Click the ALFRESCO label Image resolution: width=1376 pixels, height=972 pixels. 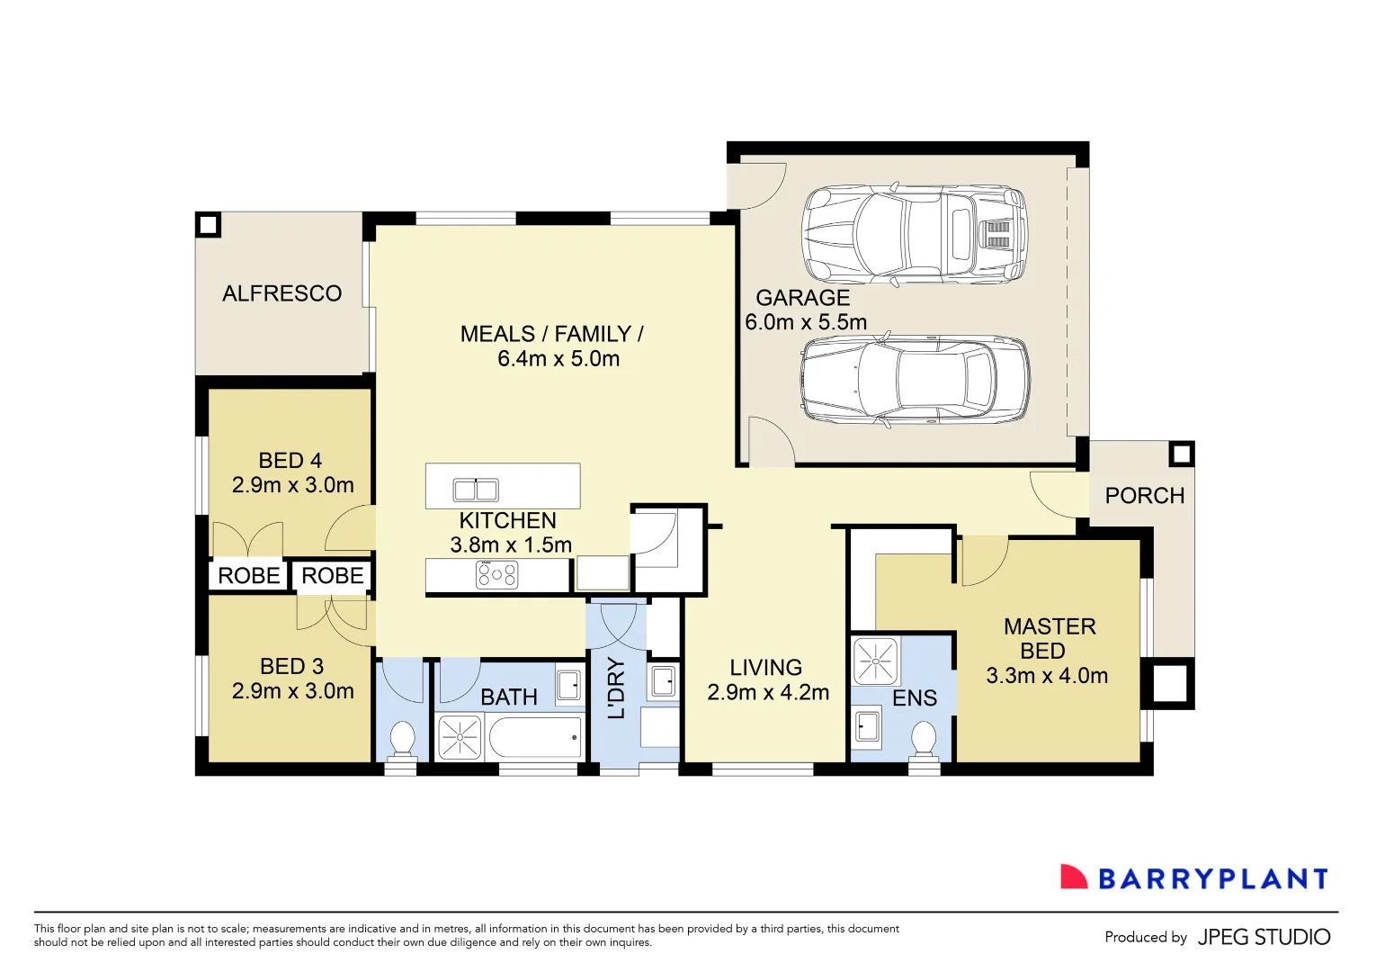281,293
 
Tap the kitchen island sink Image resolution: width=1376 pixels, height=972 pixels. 476,490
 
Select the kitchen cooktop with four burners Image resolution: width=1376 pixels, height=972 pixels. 496,574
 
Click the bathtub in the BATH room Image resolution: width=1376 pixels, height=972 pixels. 535,738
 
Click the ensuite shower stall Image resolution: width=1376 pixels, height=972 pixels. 875,661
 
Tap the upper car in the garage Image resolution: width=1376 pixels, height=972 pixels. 914,234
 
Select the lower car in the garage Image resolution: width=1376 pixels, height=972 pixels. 914,380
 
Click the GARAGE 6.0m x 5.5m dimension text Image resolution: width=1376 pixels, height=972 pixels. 806,322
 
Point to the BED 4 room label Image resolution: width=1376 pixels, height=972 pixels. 290,461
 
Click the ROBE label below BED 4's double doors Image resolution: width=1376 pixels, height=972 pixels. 249,576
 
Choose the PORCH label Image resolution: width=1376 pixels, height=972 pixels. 1144,496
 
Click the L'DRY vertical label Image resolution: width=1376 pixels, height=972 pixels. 616,688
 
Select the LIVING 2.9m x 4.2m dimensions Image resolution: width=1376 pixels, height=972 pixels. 767,692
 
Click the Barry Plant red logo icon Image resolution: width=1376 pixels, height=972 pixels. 1073,877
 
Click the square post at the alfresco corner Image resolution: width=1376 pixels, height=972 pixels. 209,224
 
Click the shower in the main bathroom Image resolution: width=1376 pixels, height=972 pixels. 460,737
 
